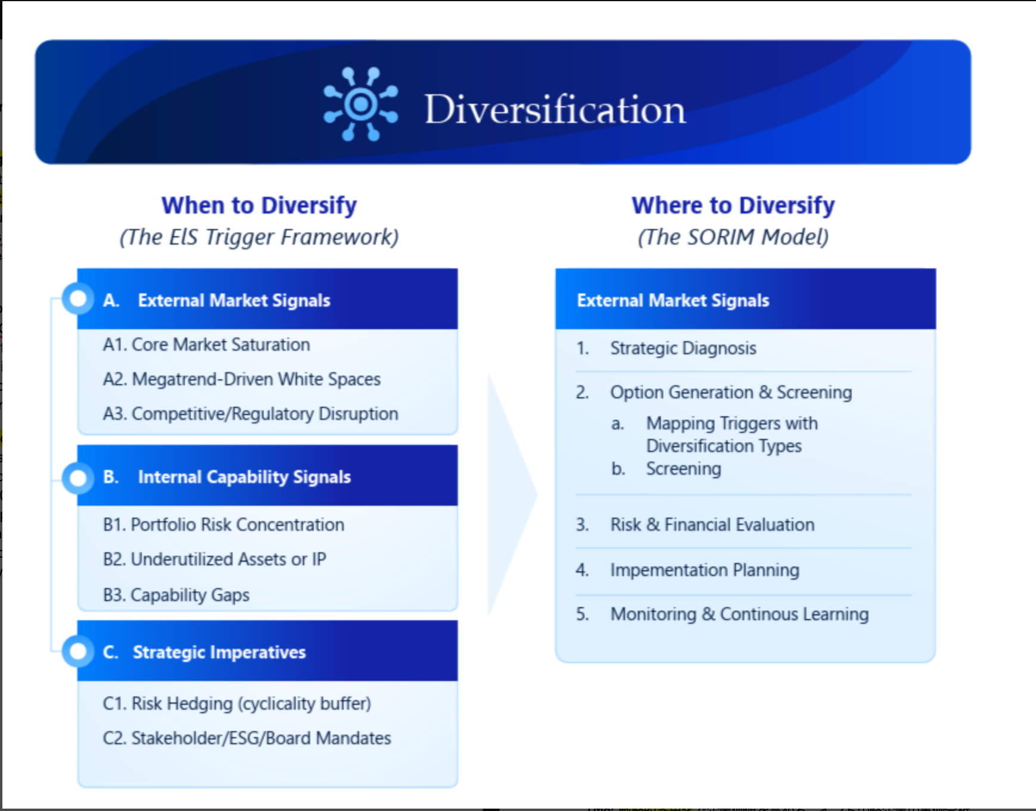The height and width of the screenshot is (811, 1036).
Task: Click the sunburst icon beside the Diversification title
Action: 361,104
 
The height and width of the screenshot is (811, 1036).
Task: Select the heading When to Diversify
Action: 259,205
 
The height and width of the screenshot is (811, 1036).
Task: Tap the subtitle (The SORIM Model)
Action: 733,237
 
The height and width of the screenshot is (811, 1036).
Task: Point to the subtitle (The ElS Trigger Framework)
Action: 259,237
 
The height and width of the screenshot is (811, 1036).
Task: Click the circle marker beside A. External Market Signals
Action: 78,299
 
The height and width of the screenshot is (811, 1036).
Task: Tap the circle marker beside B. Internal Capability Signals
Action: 78,478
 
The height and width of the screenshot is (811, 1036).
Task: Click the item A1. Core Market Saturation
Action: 206,345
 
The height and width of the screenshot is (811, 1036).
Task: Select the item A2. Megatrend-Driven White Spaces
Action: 242,379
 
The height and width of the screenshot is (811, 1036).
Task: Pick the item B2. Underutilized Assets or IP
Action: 215,559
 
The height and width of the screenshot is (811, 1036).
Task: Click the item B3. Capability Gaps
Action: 176,595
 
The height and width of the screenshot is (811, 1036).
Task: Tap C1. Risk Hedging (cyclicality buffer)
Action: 237,704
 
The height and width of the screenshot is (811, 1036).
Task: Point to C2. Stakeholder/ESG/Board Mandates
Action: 247,738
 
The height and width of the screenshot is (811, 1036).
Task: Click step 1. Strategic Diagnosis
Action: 666,348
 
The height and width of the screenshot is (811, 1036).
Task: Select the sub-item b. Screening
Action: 666,469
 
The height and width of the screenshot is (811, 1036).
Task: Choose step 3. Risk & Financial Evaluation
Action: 695,525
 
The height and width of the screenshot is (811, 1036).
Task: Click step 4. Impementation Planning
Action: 687,570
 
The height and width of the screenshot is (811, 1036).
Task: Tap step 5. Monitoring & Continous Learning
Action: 722,614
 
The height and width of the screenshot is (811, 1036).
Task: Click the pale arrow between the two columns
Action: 510,495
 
